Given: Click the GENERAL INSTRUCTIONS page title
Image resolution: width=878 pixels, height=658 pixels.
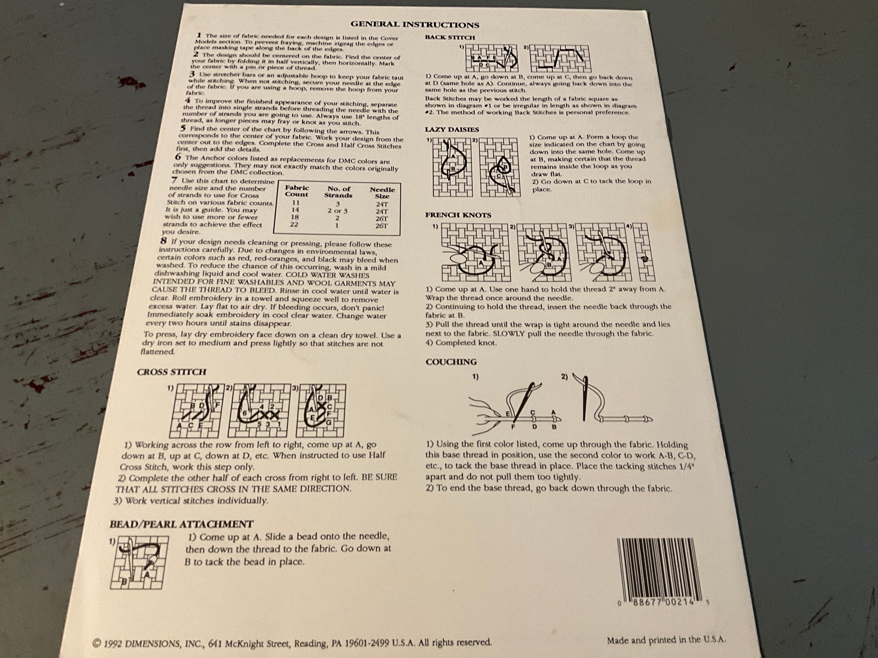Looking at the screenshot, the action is point(415,25).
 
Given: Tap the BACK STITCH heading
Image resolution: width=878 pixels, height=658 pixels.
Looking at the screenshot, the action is point(450,37).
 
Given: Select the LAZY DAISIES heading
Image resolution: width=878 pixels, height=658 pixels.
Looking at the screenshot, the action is point(452,130).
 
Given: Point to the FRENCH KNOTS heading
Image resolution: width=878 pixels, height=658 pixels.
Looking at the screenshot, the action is point(458,215).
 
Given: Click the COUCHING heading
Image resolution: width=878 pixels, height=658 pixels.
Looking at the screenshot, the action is point(451,362).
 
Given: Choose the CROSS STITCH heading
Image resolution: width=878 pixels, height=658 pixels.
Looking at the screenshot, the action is point(171,372).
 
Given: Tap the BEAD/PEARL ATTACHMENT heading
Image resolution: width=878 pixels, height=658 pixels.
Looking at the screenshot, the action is point(181,524).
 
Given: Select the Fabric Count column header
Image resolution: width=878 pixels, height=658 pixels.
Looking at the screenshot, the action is point(296,191).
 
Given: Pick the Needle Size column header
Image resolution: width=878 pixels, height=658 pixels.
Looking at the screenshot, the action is point(382,193).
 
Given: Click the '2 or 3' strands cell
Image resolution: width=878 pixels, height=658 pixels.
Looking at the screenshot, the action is point(337,210).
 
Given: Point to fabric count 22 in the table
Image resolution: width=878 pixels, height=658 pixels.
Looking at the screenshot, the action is point(294,224).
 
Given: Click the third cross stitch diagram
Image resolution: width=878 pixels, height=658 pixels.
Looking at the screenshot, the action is point(321,411).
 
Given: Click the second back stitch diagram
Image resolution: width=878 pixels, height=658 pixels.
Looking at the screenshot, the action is point(560,59).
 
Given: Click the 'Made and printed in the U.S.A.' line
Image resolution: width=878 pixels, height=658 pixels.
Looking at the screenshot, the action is point(666,640).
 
